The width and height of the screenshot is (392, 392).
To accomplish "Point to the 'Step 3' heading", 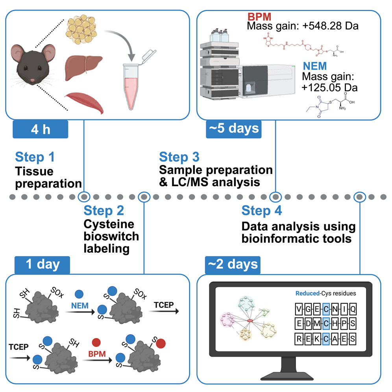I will tap(179, 157).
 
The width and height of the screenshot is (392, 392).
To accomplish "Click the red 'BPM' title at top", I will tap(259, 17).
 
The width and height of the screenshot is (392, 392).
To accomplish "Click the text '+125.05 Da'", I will tap(330, 87).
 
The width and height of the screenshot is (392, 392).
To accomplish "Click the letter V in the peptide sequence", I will tap(300, 309).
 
